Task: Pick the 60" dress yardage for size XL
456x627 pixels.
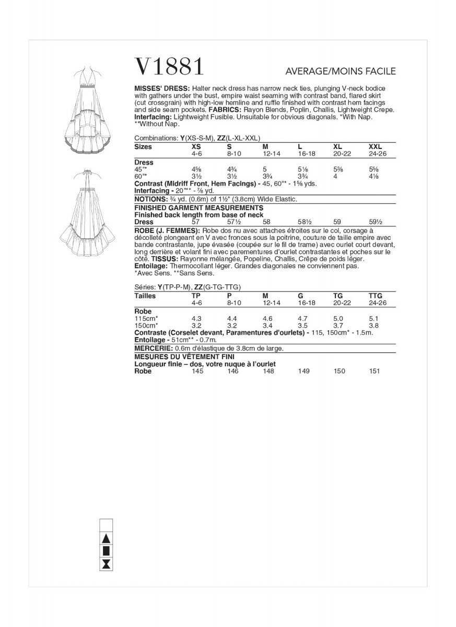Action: point(336,177)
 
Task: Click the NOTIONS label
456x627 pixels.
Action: point(149,200)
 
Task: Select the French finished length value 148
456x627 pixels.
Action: point(268,371)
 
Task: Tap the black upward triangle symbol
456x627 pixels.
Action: point(106,538)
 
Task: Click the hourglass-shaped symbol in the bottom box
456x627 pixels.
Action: point(106,564)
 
